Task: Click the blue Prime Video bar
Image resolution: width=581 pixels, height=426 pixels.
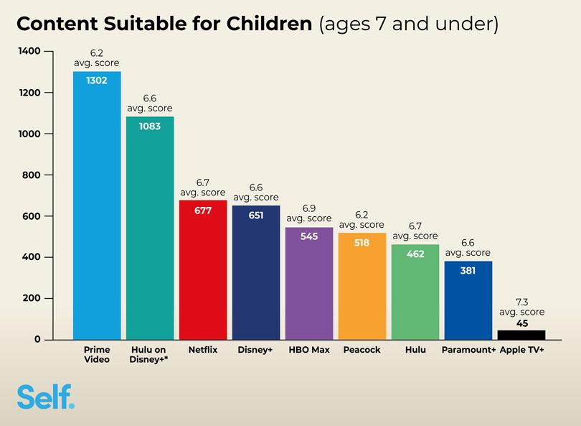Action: pyautogui.click(x=97, y=208)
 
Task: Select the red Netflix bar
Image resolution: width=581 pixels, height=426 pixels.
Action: pyautogui.click(x=203, y=273)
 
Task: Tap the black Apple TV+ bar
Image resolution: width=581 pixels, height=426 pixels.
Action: pyautogui.click(x=521, y=335)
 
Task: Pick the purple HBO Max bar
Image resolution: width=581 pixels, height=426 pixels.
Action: pyautogui.click(x=309, y=287)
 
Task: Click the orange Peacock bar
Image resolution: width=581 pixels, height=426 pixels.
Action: pyautogui.click(x=362, y=287)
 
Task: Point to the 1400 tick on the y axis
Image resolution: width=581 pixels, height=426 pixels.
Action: pyautogui.click(x=29, y=52)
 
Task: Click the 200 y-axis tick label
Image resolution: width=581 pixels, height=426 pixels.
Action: pyautogui.click(x=32, y=299)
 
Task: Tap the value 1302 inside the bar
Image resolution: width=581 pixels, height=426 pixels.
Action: pyautogui.click(x=97, y=80)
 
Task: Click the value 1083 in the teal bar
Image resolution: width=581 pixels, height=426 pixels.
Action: pyautogui.click(x=150, y=126)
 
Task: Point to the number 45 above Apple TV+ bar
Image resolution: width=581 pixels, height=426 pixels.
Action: pyautogui.click(x=521, y=323)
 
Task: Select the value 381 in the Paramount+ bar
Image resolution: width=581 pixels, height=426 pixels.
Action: pyautogui.click(x=468, y=271)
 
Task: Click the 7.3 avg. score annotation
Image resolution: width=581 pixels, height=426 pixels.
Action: pyautogui.click(x=521, y=307)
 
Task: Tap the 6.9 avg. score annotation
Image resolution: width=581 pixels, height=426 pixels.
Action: pyautogui.click(x=309, y=213)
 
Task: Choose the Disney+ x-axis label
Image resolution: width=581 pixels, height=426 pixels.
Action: pyautogui.click(x=256, y=350)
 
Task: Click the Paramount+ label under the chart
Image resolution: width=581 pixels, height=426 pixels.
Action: pyautogui.click(x=468, y=350)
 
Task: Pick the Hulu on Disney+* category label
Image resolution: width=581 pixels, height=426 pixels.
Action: pyautogui.click(x=150, y=354)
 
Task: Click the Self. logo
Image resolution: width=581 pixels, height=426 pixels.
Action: pyautogui.click(x=45, y=397)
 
